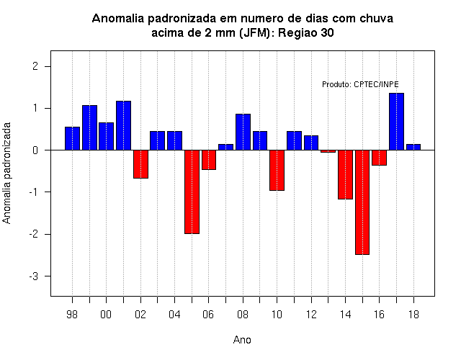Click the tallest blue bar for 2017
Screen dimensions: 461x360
pos(396,122)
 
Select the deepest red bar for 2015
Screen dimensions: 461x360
pos(362,202)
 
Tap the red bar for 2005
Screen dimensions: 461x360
pos(192,192)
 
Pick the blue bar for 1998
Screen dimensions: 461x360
pos(72,138)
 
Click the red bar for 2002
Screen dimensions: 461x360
pos(141,164)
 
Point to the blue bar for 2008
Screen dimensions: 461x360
pos(243,132)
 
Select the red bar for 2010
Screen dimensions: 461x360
pos(277,170)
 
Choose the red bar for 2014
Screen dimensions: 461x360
pos(345,174)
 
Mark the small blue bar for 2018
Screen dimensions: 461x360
pos(413,147)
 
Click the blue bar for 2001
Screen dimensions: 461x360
pos(123,125)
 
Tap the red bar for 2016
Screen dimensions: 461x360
pos(380,158)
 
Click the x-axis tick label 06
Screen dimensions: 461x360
pos(208,315)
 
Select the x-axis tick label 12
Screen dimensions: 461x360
pos(311,315)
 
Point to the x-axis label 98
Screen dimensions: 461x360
pos(72,315)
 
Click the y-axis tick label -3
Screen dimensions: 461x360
pos(34,276)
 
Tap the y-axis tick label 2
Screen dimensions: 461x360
pos(35,66)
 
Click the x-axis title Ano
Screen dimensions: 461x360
pos(242,340)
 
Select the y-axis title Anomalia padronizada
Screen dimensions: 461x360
pos(6,173)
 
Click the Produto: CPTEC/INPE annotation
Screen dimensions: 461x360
pos(360,84)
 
